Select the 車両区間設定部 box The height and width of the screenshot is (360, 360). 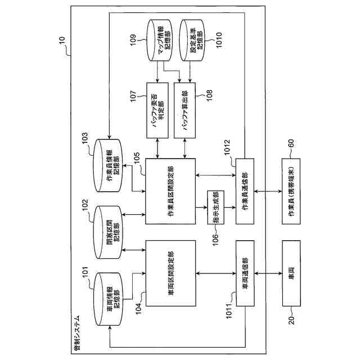(x=170, y=273)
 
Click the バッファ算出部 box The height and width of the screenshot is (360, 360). (x=184, y=110)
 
